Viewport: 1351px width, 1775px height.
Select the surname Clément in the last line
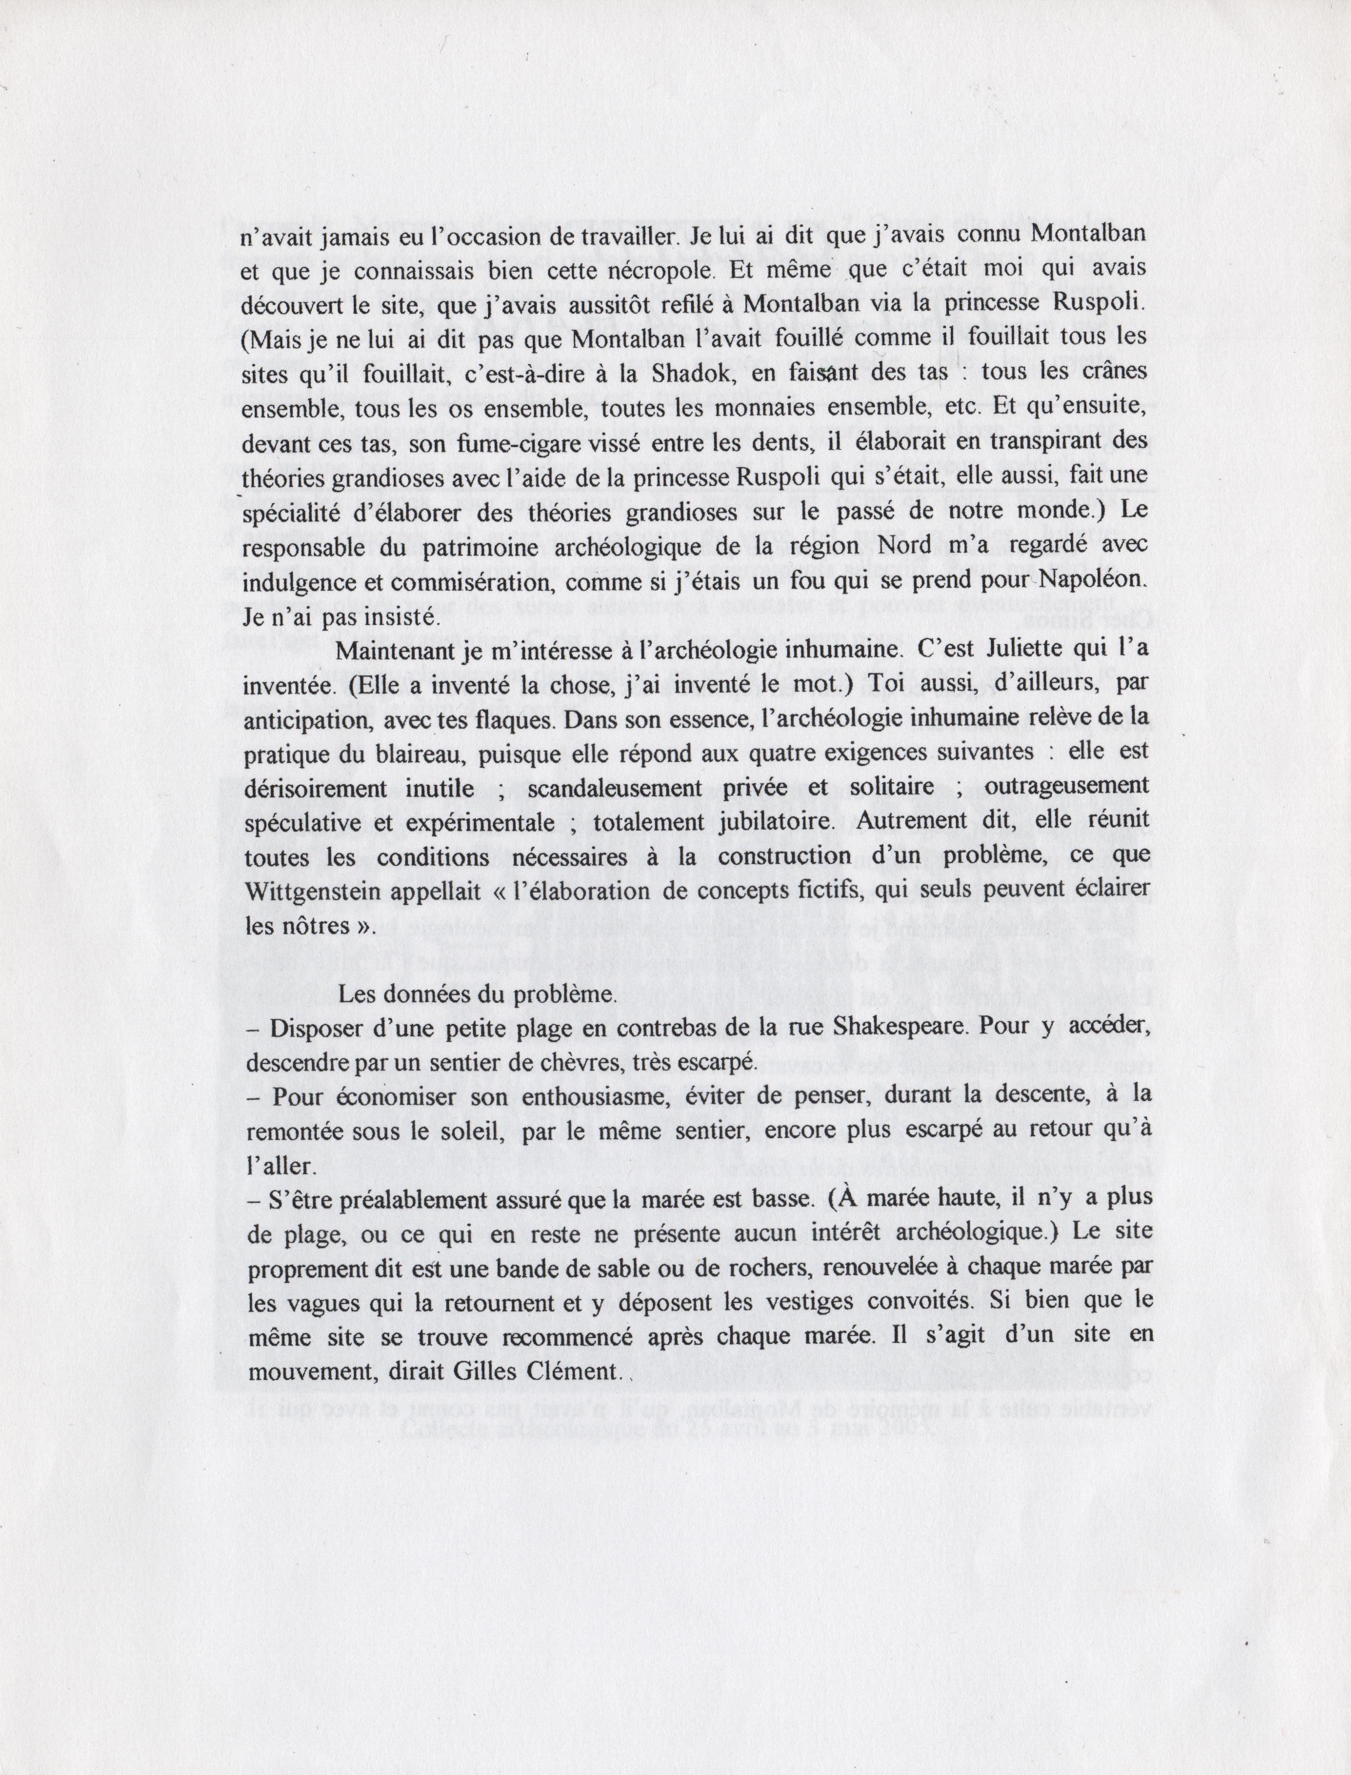coord(572,1371)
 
